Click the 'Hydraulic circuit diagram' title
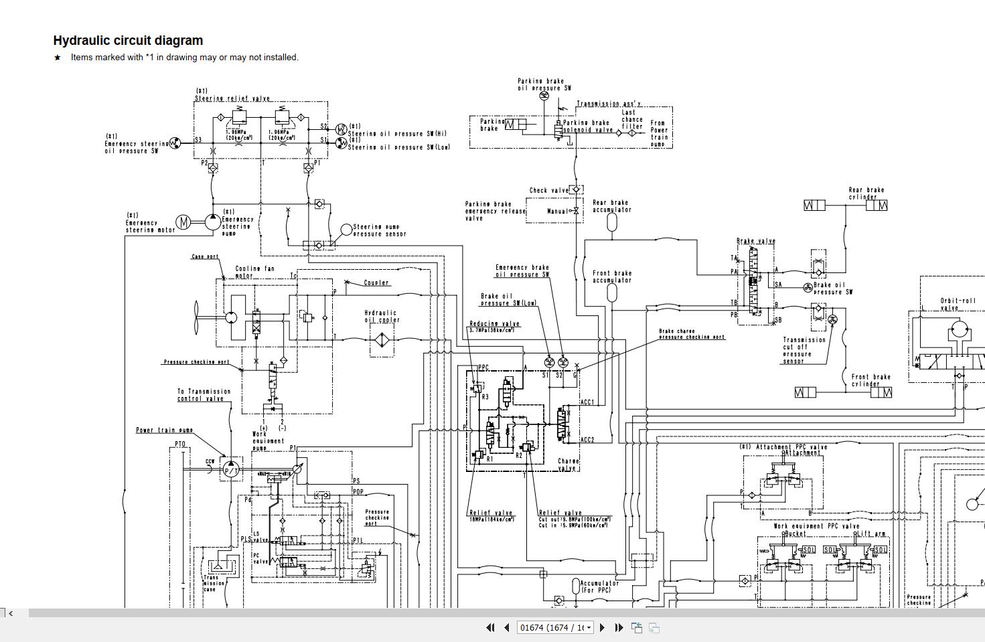point(128,41)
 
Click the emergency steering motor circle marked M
point(183,222)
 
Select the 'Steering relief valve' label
point(232,98)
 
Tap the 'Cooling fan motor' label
point(254,272)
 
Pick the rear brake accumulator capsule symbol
point(611,223)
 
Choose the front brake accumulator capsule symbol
point(611,293)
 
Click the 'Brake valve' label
point(755,241)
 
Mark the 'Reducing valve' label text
point(494,324)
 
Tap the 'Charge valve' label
point(569,465)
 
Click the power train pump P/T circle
point(231,470)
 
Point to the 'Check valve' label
point(548,191)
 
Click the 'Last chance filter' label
point(632,119)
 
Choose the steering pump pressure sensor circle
point(346,230)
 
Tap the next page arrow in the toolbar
point(602,627)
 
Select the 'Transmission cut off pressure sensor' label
point(803,350)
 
